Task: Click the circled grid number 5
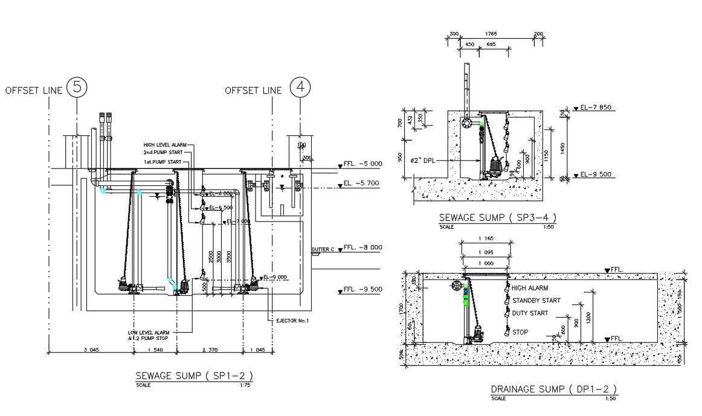(77, 88)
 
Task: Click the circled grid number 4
(300, 88)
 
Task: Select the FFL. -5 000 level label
(362, 164)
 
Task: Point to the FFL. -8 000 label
(362, 247)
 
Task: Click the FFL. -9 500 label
(362, 289)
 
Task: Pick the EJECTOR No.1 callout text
(292, 321)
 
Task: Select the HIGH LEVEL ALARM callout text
(165, 145)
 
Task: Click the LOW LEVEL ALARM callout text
(152, 333)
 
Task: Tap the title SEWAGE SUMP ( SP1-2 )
(194, 376)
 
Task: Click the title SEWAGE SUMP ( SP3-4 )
(497, 218)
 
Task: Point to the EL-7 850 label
(596, 107)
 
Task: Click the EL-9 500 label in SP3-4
(596, 174)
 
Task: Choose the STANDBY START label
(536, 300)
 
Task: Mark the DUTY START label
(530, 313)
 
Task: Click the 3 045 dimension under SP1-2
(91, 350)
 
